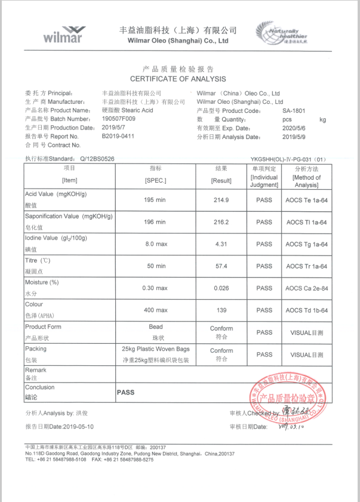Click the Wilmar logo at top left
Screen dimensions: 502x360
coord(63,33)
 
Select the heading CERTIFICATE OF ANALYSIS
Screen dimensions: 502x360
coord(178,79)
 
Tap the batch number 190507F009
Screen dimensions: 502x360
coord(119,119)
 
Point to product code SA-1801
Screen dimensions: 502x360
coord(294,110)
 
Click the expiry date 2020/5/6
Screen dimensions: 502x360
coord(293,128)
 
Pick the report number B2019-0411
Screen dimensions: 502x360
coord(118,136)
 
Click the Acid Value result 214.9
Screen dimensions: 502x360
coord(221,200)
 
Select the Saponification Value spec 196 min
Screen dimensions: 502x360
coord(155,222)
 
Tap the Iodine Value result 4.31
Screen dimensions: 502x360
coord(221,244)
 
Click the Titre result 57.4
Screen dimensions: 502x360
coord(221,266)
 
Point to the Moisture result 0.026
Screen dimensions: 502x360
coord(221,288)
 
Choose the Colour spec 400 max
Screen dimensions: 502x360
coord(155,310)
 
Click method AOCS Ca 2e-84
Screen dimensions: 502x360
coord(306,288)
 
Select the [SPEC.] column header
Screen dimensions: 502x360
coord(155,180)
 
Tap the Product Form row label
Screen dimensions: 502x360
coord(43,327)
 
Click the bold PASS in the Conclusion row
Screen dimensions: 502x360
coord(125,393)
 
